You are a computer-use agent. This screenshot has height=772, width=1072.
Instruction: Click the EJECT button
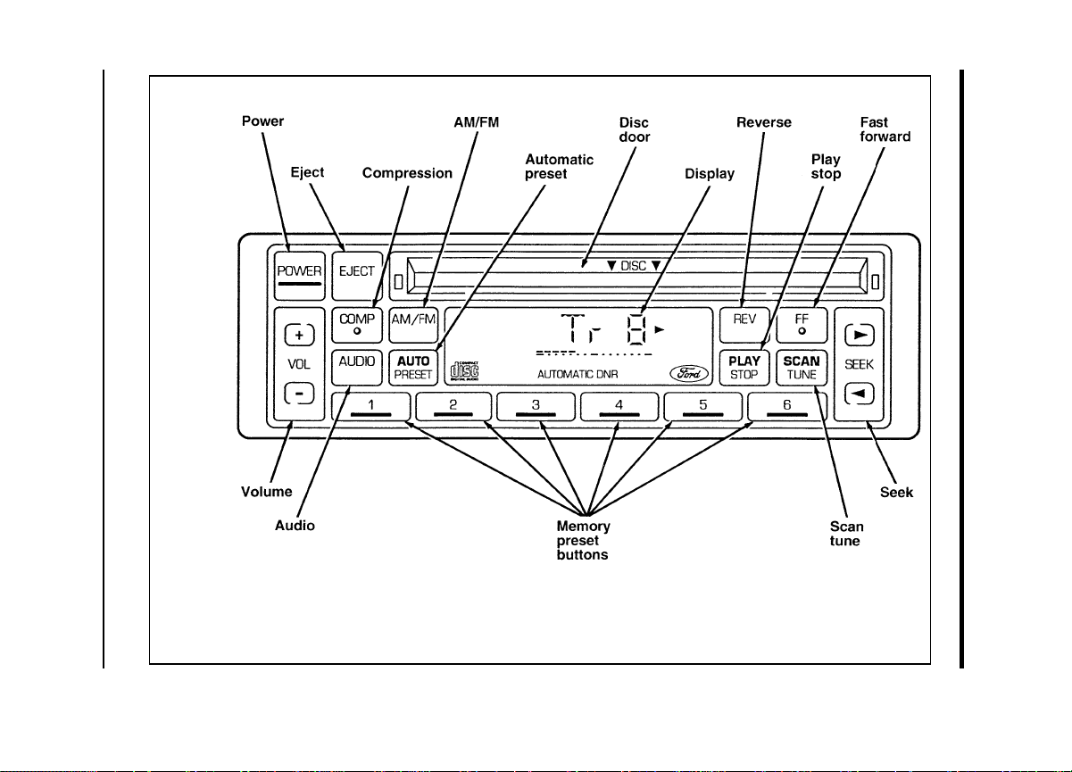[x=357, y=276]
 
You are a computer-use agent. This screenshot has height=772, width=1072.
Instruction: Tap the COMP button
[x=357, y=325]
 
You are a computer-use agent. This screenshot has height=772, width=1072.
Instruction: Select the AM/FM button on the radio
[x=413, y=325]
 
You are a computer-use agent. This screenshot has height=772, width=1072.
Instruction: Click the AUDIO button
[x=357, y=368]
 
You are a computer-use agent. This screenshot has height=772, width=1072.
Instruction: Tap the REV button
[x=744, y=325]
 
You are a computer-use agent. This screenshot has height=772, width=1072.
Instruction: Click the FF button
[x=802, y=325]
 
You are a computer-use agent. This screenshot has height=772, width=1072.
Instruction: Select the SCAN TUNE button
[x=802, y=368]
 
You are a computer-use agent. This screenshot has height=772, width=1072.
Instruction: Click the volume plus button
[x=300, y=335]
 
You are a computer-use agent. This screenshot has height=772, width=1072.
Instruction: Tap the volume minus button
[x=300, y=394]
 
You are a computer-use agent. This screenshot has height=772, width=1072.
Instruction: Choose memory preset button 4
[x=619, y=407]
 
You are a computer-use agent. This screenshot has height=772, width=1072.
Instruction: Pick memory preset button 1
[x=371, y=407]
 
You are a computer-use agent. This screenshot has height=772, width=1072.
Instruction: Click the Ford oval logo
[x=689, y=373]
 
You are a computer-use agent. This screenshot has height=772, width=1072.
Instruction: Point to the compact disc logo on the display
[x=464, y=371]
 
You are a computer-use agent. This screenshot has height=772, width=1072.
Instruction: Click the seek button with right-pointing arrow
[x=860, y=335]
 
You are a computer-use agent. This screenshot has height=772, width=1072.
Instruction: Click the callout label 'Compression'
[x=407, y=173]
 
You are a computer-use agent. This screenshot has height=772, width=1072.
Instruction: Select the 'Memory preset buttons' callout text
[x=584, y=540]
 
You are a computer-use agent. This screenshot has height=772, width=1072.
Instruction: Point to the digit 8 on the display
[x=637, y=329]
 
